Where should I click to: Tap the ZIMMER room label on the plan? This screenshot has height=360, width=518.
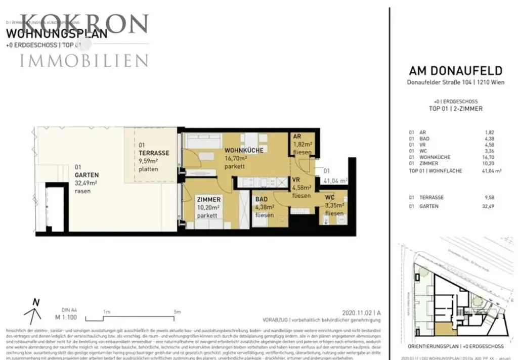click(x=208, y=200)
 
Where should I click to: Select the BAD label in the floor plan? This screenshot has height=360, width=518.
click(x=262, y=200)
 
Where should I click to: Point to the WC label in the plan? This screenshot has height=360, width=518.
click(x=330, y=197)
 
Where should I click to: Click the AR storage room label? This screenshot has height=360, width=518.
click(x=297, y=137)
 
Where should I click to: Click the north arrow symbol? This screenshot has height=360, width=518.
click(x=33, y=311)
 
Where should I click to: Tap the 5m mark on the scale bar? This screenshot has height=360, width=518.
click(x=177, y=312)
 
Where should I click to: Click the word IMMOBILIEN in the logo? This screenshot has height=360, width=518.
click(x=84, y=61)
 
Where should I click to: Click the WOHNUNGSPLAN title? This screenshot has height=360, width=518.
click(x=57, y=34)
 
